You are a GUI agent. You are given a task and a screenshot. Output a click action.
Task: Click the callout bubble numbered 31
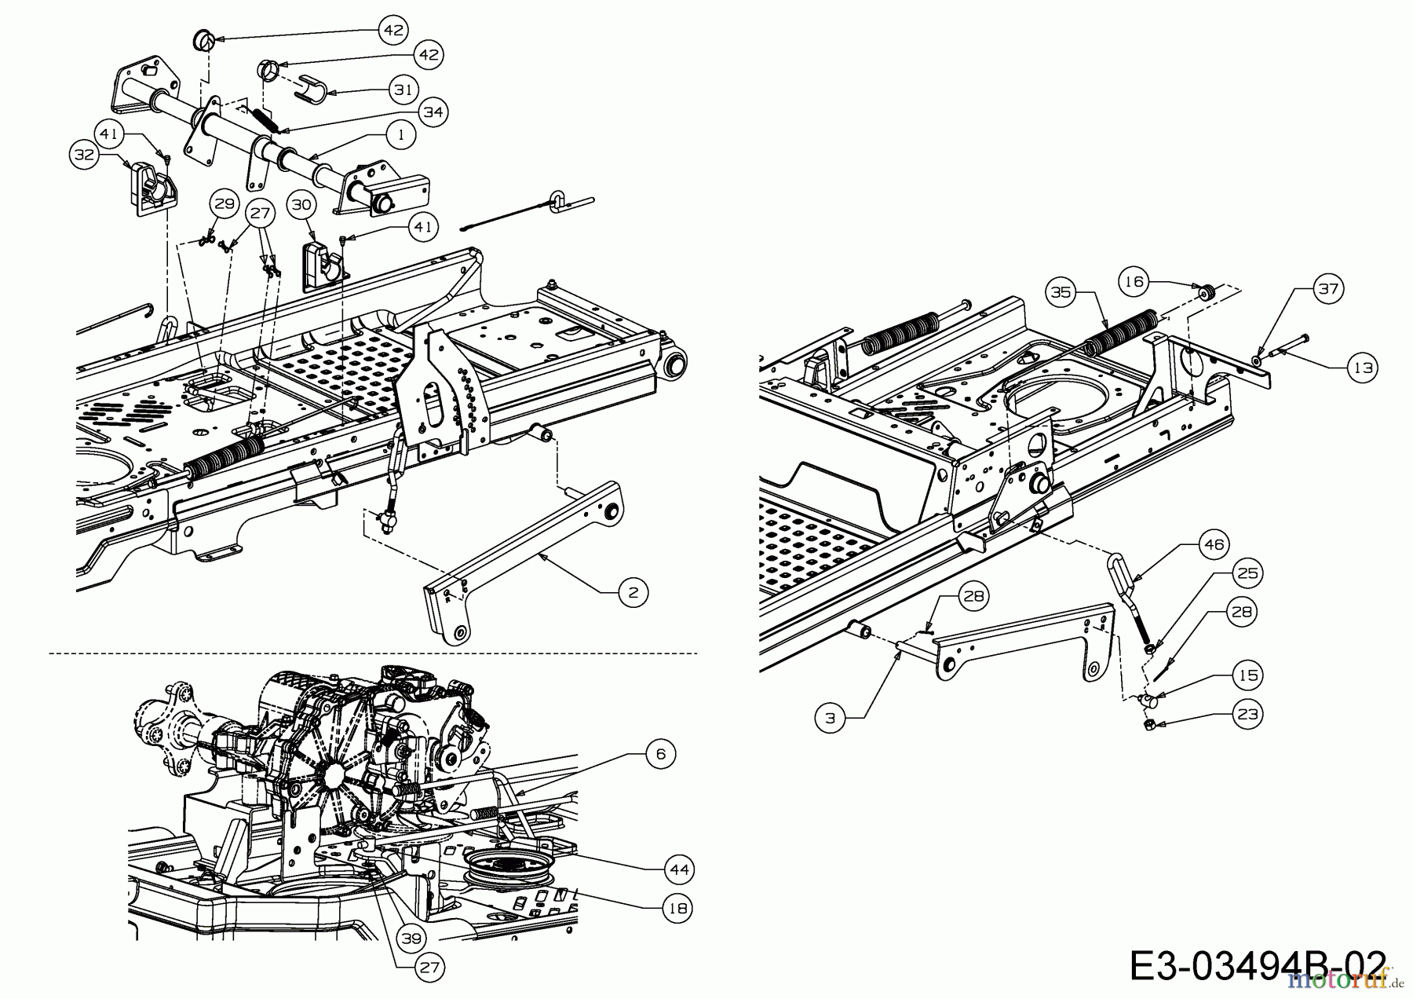click(x=403, y=90)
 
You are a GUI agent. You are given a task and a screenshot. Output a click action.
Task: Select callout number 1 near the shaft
click(x=401, y=134)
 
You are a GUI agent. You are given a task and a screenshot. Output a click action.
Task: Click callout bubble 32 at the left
click(x=83, y=155)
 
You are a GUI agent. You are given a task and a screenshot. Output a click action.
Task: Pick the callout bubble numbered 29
click(x=225, y=204)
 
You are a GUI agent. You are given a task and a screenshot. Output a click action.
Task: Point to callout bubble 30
click(x=301, y=204)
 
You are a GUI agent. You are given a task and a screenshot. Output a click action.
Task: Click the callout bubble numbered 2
click(x=633, y=592)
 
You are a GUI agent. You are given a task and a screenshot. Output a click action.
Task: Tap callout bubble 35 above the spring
click(x=1061, y=292)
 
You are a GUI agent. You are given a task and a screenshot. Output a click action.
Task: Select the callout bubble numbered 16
click(x=1135, y=281)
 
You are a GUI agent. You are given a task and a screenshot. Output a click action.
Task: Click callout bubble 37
click(x=1327, y=289)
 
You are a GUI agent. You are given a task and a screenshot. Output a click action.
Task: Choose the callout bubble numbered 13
click(x=1364, y=367)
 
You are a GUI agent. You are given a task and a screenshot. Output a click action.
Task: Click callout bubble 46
click(x=1214, y=544)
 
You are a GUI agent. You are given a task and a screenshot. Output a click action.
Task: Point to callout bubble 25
click(x=1247, y=573)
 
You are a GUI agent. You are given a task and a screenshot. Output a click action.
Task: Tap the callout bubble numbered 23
click(x=1247, y=714)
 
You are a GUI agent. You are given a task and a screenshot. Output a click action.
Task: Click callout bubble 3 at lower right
click(x=831, y=716)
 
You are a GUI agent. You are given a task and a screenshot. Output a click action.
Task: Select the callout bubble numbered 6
click(x=660, y=754)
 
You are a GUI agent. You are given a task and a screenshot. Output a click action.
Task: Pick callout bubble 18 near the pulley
click(x=677, y=909)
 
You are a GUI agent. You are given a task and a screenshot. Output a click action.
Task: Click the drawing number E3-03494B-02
click(x=1256, y=965)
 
